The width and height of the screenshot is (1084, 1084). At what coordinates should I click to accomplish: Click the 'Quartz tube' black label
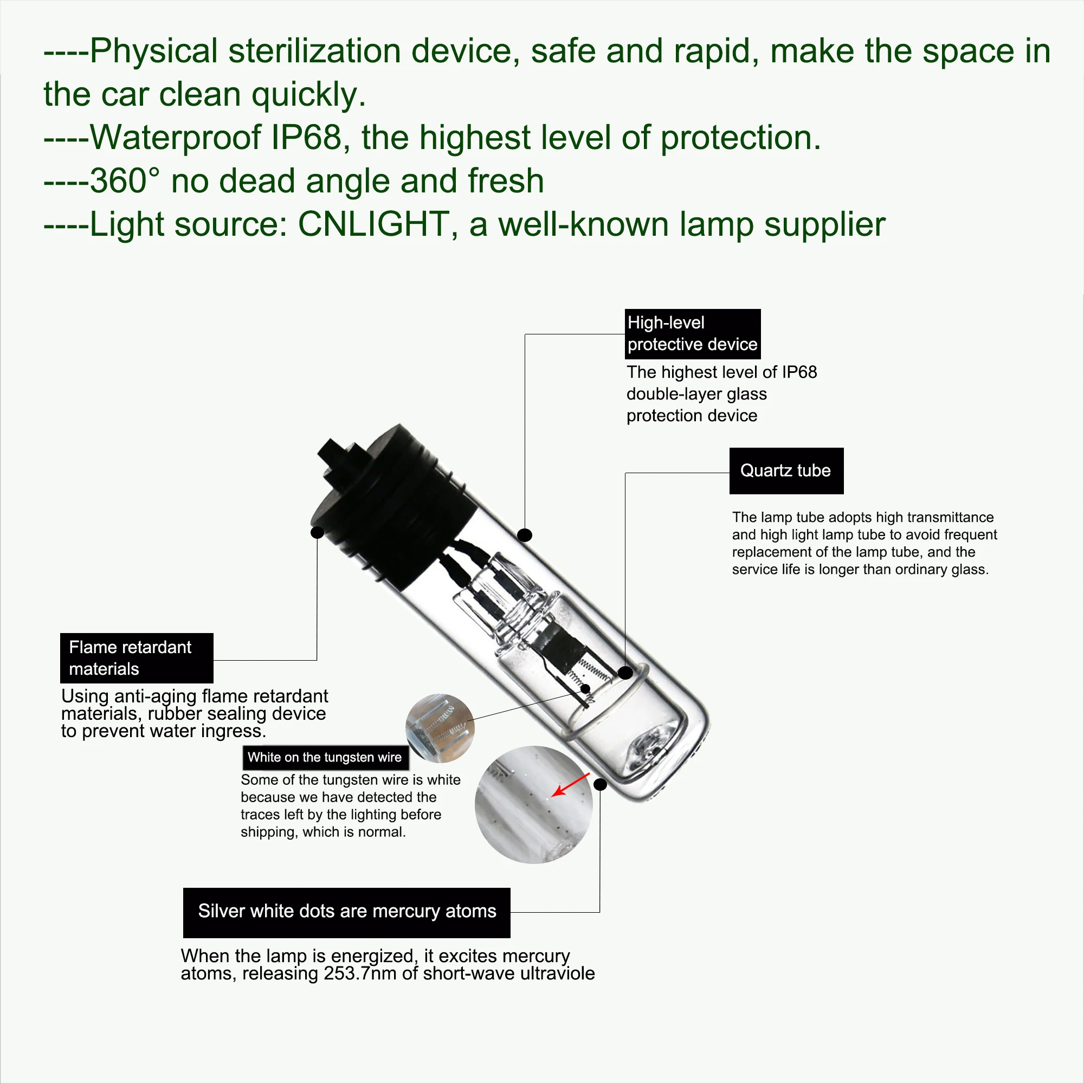786,471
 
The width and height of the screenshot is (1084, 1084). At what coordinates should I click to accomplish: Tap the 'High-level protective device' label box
693,334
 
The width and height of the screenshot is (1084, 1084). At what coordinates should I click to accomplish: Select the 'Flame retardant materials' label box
137,658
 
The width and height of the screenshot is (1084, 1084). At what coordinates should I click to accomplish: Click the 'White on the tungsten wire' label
325,758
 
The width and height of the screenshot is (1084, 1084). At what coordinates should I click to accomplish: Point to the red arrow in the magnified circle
571,785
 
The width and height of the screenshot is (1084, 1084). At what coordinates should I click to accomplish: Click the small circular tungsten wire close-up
440,728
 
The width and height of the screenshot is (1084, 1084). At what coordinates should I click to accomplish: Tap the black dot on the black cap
317,532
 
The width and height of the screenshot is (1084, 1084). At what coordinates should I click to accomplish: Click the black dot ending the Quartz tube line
625,672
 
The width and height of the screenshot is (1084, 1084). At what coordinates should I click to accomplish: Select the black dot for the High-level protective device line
525,535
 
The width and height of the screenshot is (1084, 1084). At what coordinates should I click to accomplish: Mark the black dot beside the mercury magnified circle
600,784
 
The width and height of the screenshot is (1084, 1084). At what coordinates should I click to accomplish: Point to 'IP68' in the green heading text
306,138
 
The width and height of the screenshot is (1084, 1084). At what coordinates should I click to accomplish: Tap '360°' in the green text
125,180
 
